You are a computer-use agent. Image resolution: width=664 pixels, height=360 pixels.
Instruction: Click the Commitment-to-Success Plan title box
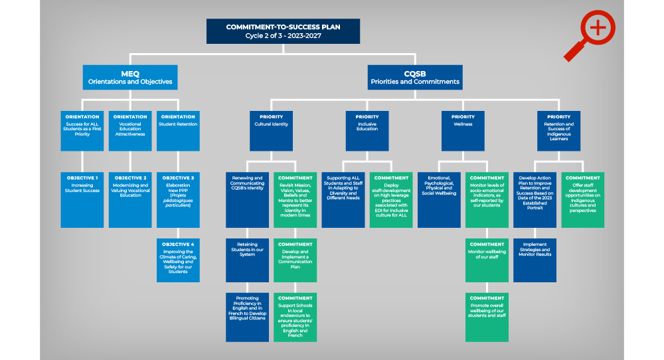(283, 31)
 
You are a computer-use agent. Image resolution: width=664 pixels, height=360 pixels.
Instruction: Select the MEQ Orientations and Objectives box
(130, 77)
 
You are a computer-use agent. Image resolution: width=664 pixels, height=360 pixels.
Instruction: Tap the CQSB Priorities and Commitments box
(415, 77)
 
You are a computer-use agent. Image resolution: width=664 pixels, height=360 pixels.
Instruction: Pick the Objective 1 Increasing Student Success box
(82, 199)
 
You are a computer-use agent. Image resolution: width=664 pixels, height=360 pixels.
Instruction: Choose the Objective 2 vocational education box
(130, 199)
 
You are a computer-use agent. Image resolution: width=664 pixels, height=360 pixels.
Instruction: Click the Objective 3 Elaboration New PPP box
(178, 199)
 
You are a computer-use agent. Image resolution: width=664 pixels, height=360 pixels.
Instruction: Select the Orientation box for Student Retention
(178, 131)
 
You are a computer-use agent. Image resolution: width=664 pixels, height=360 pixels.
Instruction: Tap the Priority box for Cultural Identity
(271, 131)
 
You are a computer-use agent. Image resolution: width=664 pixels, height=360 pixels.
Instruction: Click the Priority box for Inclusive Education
(367, 131)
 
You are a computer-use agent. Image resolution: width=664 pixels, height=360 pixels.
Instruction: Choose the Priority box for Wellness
(463, 131)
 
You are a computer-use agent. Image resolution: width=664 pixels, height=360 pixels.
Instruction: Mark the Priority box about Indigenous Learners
(558, 131)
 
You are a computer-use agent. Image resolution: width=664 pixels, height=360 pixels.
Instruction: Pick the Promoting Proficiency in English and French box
(247, 317)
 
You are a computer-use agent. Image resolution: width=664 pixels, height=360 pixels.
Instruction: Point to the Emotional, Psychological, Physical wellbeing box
(439, 199)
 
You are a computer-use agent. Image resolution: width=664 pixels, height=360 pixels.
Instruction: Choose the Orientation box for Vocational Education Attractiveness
(130, 131)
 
